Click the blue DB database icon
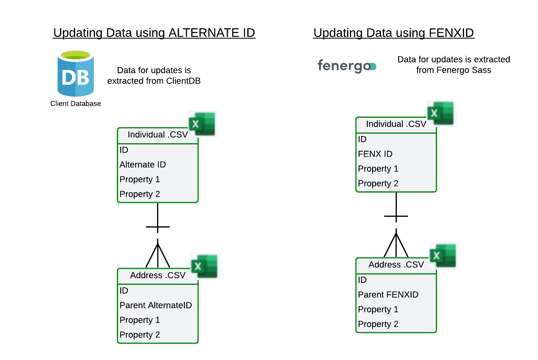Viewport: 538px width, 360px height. [x=76, y=73]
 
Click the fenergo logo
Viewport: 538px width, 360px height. [x=347, y=66]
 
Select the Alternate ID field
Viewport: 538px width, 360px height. [x=142, y=165]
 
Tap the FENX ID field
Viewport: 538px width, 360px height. [x=375, y=154]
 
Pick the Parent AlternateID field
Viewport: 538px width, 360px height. [x=155, y=306]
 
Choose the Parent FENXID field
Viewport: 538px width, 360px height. [x=388, y=295]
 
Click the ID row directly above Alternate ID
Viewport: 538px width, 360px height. [x=124, y=150]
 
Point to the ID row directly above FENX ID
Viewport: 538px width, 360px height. [x=362, y=139]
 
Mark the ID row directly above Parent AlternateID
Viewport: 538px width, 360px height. [x=124, y=291]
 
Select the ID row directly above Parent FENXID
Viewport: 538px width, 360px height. [x=362, y=280]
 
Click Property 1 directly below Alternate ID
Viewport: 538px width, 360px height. [x=140, y=179]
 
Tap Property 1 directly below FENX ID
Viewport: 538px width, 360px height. [x=378, y=169]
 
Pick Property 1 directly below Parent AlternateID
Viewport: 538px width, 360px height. [x=140, y=320]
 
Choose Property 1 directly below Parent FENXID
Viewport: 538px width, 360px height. [x=378, y=309]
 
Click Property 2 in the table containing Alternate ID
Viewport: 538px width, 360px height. [x=140, y=194]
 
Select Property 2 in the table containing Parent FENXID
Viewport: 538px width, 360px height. [x=378, y=324]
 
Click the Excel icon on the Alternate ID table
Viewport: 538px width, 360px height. [x=203, y=124]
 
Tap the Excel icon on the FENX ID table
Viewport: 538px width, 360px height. [x=441, y=113]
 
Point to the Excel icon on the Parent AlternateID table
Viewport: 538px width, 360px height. [x=205, y=267]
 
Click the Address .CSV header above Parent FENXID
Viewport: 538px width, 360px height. [x=396, y=265]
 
